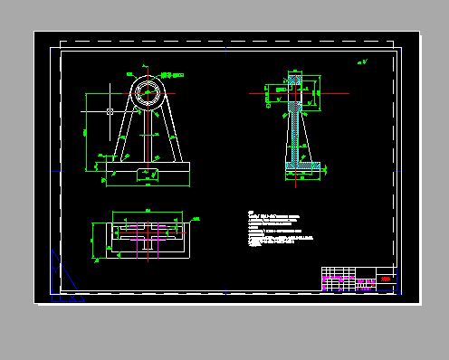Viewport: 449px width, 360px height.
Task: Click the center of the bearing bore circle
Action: [147, 92]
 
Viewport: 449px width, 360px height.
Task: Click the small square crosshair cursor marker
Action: [110, 111]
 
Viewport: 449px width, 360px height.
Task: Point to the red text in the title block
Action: [386, 280]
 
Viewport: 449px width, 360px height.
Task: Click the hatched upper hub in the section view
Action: [294, 91]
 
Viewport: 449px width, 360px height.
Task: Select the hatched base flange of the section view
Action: [298, 167]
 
